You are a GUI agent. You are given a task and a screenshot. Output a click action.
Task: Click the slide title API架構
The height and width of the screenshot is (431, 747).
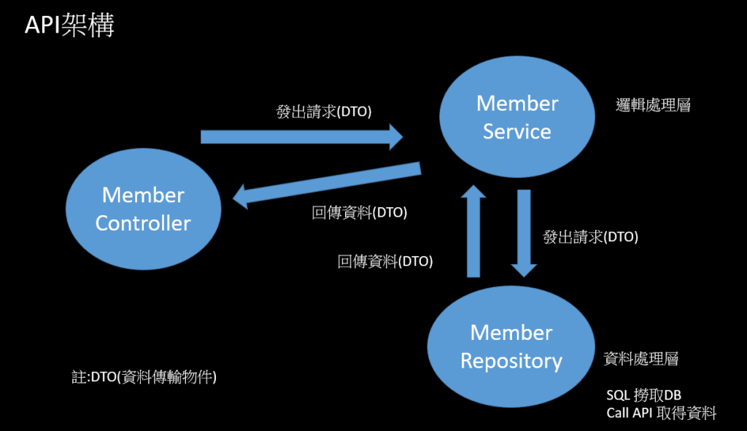coord(69,26)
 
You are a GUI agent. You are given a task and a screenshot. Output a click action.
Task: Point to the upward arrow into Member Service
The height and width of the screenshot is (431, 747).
coord(473,230)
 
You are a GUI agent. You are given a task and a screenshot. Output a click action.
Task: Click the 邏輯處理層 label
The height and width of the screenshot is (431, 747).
coord(653,106)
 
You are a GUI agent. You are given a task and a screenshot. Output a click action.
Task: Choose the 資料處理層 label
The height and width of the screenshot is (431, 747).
coord(641,359)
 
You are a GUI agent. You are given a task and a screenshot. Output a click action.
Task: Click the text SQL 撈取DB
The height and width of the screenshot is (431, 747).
coord(643,395)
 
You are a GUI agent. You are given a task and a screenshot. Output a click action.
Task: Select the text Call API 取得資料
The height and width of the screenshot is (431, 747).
coord(661,413)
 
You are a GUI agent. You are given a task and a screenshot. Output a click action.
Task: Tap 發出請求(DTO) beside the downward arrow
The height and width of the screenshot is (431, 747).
coord(591,237)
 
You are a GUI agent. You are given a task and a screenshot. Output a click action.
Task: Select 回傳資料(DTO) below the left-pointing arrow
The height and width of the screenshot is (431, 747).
coord(359,213)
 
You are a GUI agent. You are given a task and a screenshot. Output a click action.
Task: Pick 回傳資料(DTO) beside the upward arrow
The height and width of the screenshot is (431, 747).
coord(385,261)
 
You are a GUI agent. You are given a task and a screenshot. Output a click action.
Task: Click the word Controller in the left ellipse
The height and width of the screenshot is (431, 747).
coord(143,222)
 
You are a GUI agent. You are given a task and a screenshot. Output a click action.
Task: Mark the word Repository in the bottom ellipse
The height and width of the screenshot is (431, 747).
coord(511,361)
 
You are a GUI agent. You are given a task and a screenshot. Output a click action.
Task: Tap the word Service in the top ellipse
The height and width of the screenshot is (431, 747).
coord(517,131)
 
